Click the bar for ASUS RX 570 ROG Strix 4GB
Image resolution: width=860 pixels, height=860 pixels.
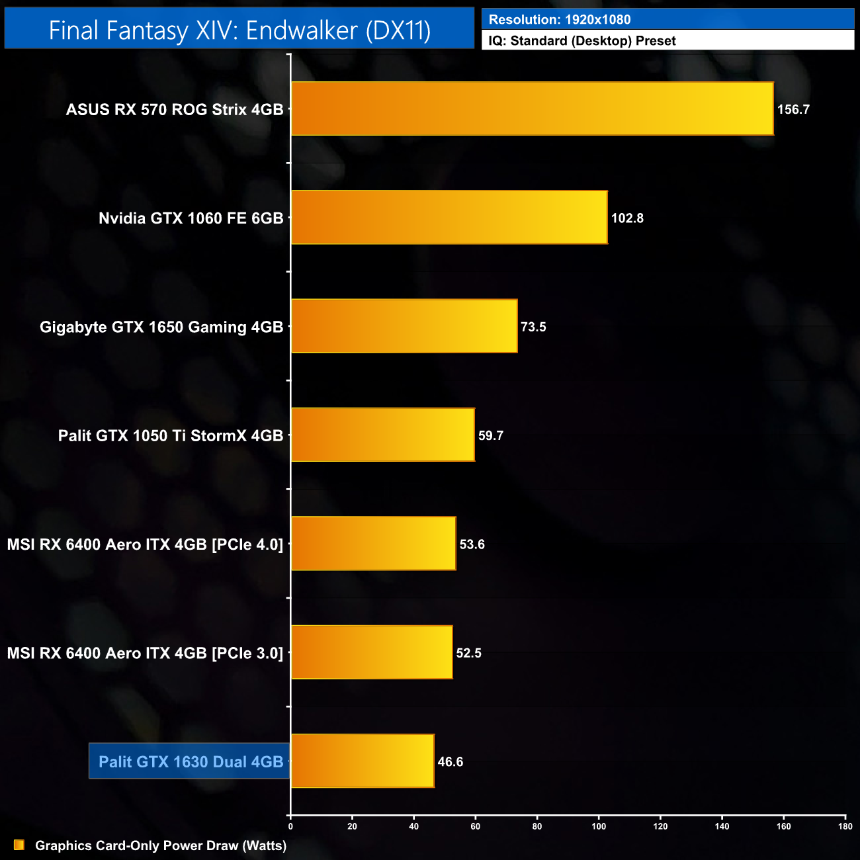(x=532, y=108)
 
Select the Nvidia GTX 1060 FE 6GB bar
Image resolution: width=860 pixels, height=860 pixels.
(x=449, y=218)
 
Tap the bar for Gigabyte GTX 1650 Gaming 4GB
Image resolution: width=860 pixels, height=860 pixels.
(x=404, y=326)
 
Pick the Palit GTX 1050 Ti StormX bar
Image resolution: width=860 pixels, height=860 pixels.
(x=383, y=435)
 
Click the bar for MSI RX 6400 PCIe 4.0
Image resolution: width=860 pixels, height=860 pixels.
(x=374, y=543)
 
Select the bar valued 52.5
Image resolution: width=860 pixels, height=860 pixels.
(x=372, y=652)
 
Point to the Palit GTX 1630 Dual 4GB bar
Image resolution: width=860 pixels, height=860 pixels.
(x=363, y=761)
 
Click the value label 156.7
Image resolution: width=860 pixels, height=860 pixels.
(x=793, y=110)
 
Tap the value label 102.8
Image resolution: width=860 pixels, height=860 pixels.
(x=627, y=218)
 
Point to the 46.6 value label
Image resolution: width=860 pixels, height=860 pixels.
(x=450, y=762)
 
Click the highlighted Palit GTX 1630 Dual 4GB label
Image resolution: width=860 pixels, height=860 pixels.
(x=191, y=761)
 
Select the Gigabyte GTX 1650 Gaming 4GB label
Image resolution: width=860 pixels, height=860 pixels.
(x=161, y=327)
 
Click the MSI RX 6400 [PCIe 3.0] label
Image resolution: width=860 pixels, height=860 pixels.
(x=145, y=654)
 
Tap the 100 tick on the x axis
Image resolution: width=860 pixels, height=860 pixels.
(x=599, y=826)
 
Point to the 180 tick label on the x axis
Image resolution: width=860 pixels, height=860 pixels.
(x=845, y=826)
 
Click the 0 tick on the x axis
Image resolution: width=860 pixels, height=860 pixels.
(x=290, y=826)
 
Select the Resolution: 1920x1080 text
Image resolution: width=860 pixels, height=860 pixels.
(x=560, y=20)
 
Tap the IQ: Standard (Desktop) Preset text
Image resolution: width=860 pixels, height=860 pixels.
(x=582, y=41)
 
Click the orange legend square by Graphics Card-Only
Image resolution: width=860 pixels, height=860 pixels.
(x=19, y=845)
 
